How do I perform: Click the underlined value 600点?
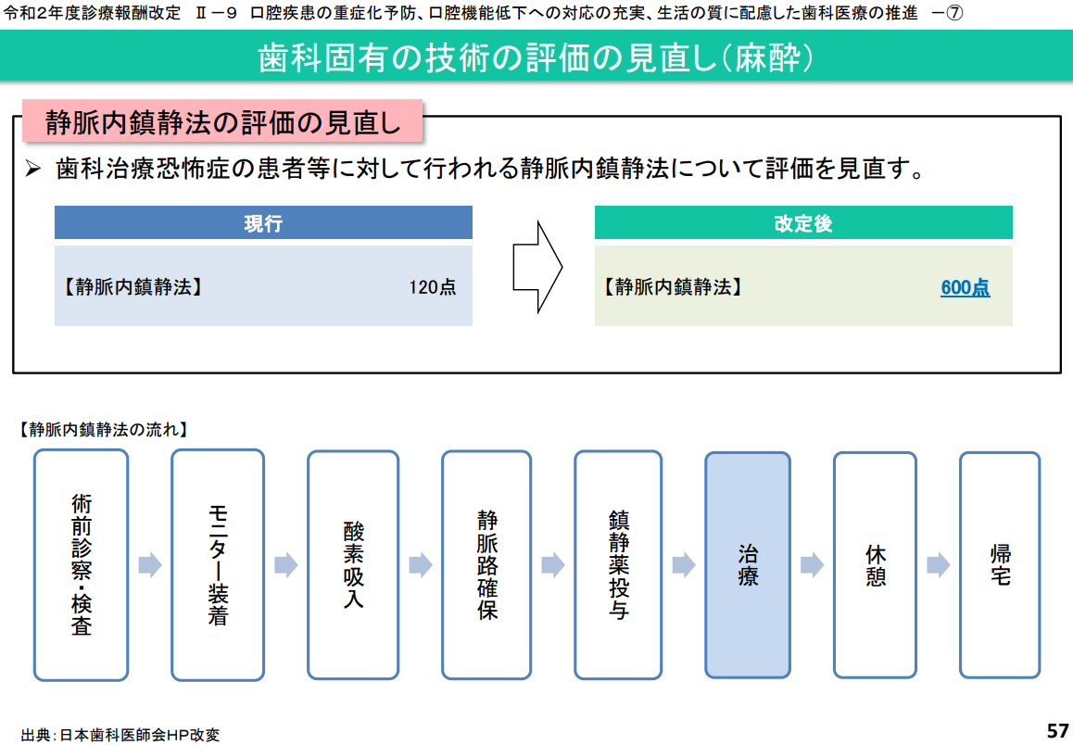(x=965, y=287)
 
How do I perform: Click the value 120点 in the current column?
(x=433, y=287)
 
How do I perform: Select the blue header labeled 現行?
(x=263, y=223)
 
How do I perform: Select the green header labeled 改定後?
(x=803, y=223)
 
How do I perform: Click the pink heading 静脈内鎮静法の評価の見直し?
(x=222, y=121)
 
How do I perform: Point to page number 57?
(x=1057, y=730)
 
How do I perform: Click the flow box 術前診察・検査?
(x=81, y=564)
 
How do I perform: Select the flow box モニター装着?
(x=218, y=564)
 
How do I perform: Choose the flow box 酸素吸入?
(x=353, y=564)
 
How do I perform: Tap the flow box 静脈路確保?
(x=486, y=564)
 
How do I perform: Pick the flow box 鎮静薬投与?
(x=618, y=564)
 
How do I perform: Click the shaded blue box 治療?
(x=748, y=564)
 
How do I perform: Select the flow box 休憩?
(x=875, y=564)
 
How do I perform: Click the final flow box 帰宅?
(x=1000, y=564)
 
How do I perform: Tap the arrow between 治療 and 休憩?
(x=813, y=564)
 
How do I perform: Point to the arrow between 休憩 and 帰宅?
(x=938, y=564)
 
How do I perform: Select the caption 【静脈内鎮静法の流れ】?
(x=103, y=429)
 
